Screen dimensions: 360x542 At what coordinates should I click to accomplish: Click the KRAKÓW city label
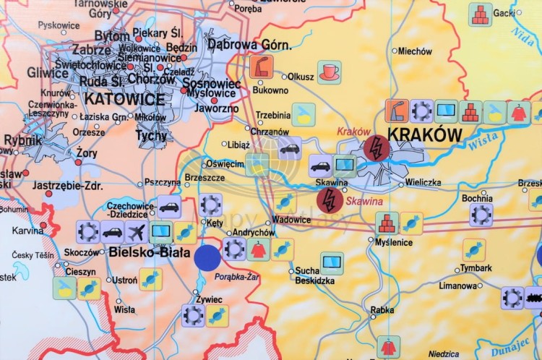(x=424, y=135)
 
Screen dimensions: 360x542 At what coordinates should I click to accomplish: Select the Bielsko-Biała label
(x=150, y=253)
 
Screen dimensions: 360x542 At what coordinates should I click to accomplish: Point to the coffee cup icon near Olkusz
(x=330, y=72)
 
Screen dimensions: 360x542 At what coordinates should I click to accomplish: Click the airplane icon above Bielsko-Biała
(x=136, y=232)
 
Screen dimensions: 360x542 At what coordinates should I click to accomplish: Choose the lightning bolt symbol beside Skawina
(x=330, y=200)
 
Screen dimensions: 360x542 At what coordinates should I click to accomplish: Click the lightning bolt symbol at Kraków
(x=376, y=149)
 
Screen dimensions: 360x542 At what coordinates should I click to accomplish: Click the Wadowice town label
(x=291, y=220)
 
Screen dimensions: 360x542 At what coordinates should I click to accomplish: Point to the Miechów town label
(x=416, y=51)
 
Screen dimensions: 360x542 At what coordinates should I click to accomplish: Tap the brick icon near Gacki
(x=479, y=14)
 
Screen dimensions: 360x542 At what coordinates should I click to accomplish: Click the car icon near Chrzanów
(x=289, y=148)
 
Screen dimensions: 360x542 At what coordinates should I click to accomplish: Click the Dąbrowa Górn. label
(x=249, y=45)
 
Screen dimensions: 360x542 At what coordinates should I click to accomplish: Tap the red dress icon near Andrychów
(x=258, y=249)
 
